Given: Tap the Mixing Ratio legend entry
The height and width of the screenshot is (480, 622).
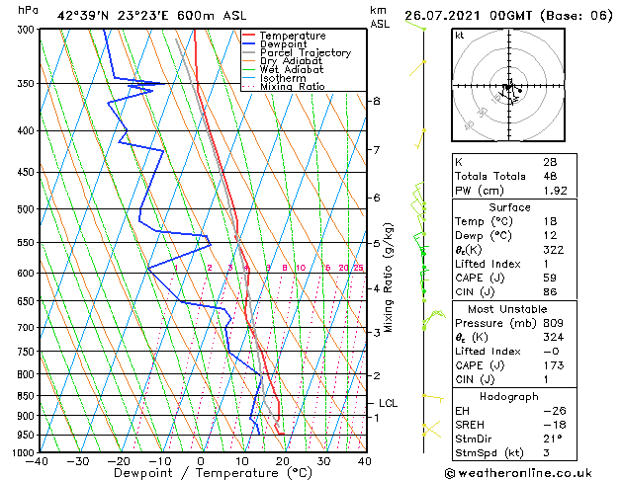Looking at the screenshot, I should click(x=293, y=87).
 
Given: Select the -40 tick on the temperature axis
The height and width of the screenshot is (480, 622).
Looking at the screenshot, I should click(x=39, y=461).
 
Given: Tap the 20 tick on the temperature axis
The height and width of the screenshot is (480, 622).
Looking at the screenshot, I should click(x=283, y=461).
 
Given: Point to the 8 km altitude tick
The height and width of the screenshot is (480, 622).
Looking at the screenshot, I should click(x=377, y=102).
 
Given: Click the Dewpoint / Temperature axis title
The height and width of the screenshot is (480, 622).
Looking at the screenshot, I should click(x=202, y=474).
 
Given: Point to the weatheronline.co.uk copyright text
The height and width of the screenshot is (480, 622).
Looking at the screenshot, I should click(x=532, y=472).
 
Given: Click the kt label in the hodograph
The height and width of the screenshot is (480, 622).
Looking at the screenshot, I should click(x=459, y=36).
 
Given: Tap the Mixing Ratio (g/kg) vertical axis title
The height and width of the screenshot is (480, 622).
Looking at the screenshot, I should click(x=390, y=278).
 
